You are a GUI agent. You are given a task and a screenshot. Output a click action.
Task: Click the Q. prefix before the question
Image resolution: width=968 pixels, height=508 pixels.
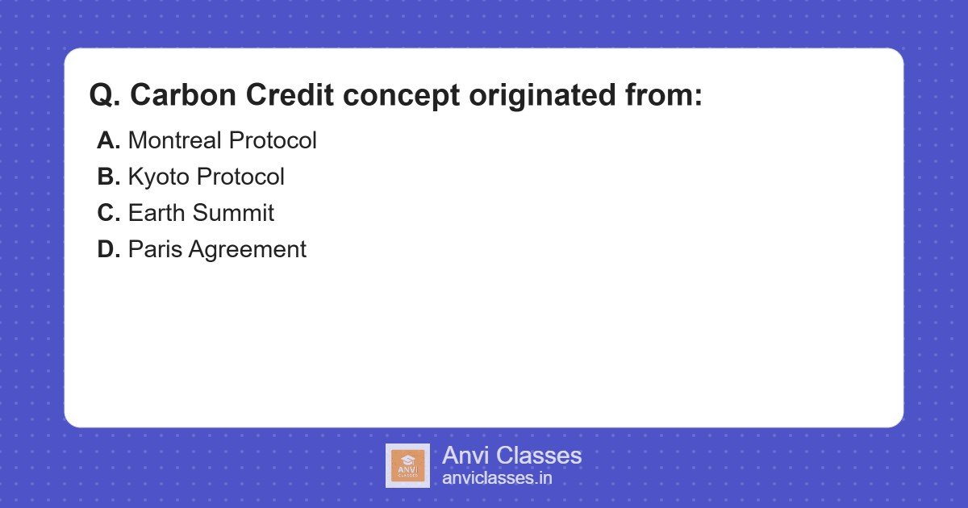[106, 96]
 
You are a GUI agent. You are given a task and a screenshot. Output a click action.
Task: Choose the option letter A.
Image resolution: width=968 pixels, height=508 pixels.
[108, 140]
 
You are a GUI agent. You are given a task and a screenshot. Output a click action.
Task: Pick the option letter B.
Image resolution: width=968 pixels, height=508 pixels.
[108, 177]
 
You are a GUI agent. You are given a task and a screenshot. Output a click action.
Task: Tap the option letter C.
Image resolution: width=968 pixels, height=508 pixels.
[108, 213]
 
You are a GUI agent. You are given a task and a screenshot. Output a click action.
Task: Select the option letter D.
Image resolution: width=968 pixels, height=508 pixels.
[108, 249]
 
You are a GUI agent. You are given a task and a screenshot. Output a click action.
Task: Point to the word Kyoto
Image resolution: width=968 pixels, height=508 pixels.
[159, 177]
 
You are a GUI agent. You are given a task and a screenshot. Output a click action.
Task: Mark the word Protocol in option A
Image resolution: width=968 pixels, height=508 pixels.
[273, 140]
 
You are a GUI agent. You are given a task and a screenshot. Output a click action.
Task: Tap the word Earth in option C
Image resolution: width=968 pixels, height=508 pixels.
[156, 213]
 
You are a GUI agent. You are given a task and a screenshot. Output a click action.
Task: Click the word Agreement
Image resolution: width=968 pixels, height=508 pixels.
[247, 249]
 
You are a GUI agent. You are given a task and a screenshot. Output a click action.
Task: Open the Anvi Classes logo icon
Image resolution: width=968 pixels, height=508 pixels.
[407, 466]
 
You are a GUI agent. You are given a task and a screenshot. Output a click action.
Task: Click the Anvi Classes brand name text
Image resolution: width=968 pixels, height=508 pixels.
[511, 456]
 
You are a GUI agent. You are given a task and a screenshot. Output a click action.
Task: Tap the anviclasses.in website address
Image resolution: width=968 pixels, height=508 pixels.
[497, 478]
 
